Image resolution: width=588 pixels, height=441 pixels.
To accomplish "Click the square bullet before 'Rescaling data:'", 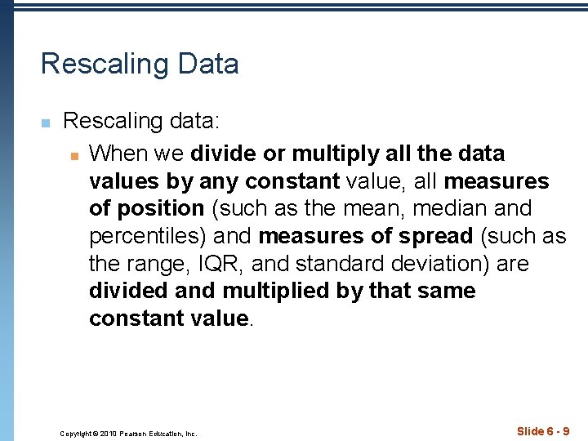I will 46,123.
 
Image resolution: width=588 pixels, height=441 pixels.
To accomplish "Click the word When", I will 119,154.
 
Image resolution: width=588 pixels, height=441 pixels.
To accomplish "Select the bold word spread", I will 434,236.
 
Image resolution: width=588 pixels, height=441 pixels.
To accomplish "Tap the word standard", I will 344,264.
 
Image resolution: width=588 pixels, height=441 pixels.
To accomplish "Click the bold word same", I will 444,292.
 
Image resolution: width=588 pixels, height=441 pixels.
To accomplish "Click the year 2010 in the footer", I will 112,434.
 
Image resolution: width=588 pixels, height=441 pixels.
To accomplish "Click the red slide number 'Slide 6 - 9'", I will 543,430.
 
